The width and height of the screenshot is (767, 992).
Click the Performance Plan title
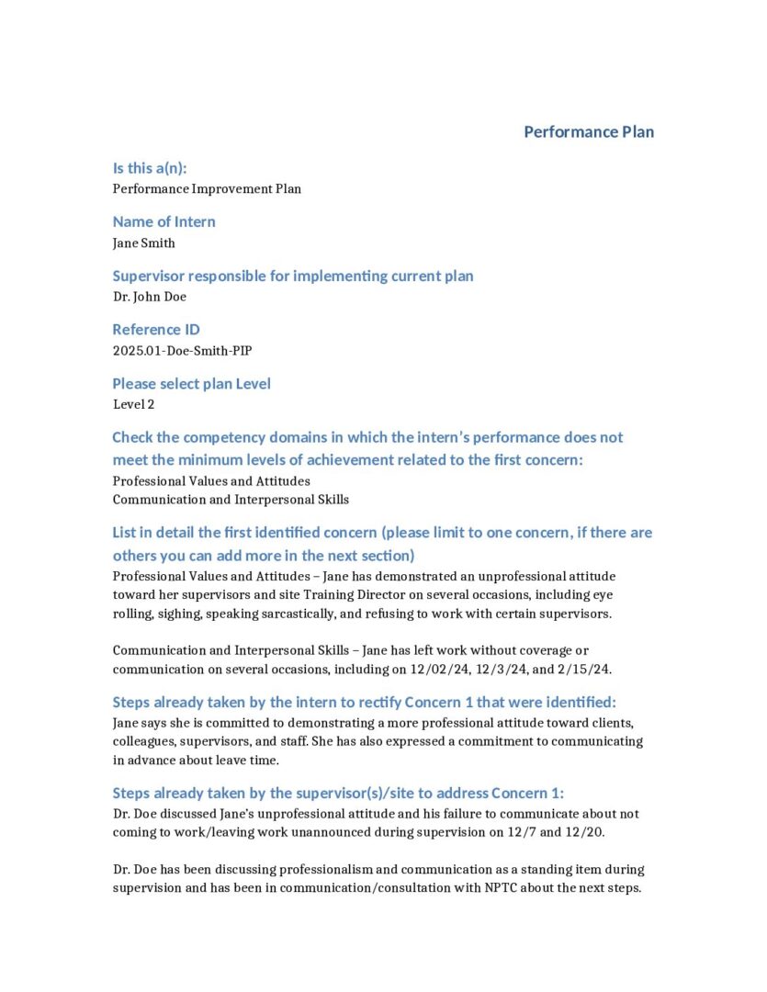point(589,131)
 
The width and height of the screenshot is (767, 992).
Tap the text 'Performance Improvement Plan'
point(207,189)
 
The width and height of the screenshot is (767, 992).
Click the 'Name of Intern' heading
point(164,221)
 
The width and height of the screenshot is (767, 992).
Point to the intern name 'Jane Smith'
point(143,243)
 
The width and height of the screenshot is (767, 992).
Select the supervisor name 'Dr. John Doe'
point(150,297)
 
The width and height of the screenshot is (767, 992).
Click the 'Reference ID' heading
point(156,329)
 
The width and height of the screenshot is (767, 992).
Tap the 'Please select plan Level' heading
point(192,383)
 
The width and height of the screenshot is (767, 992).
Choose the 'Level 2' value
point(134,404)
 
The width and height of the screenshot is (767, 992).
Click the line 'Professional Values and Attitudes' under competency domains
point(211,481)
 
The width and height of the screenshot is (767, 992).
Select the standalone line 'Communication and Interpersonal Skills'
point(231,500)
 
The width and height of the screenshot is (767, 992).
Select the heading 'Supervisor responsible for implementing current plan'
point(293,276)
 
